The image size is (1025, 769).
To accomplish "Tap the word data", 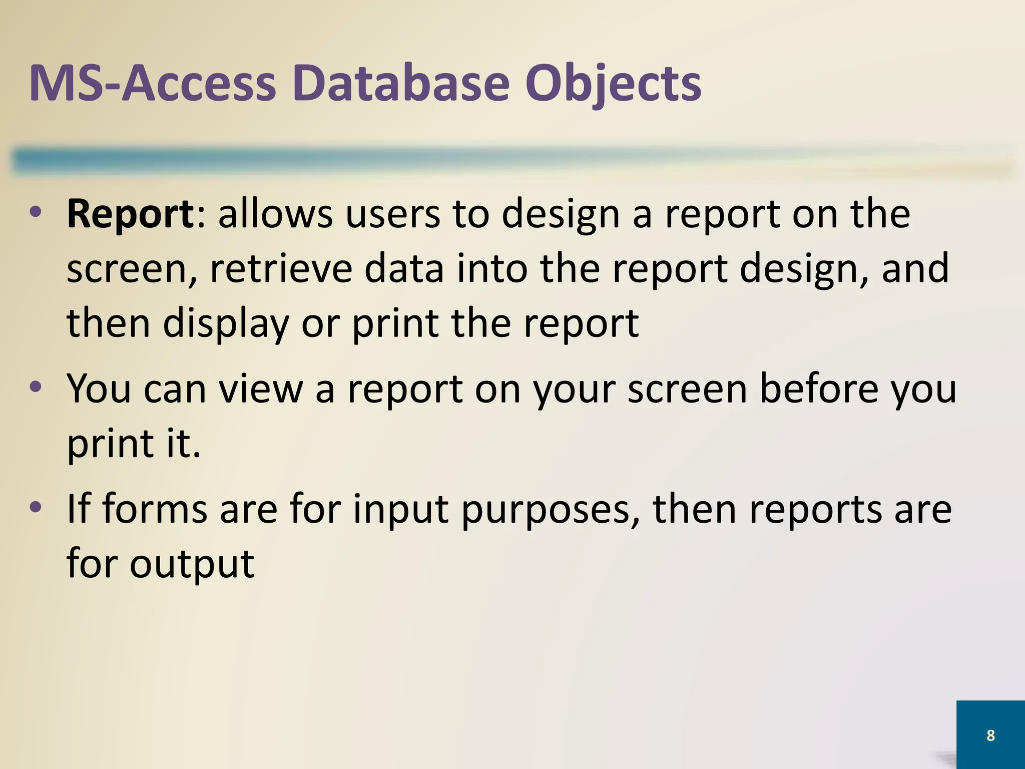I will pyautogui.click(x=403, y=268).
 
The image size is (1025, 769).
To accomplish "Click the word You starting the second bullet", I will pyautogui.click(x=99, y=389).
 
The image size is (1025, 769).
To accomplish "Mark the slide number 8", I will pyautogui.click(x=990, y=735).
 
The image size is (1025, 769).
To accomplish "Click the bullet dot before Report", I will pyautogui.click(x=36, y=213).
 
